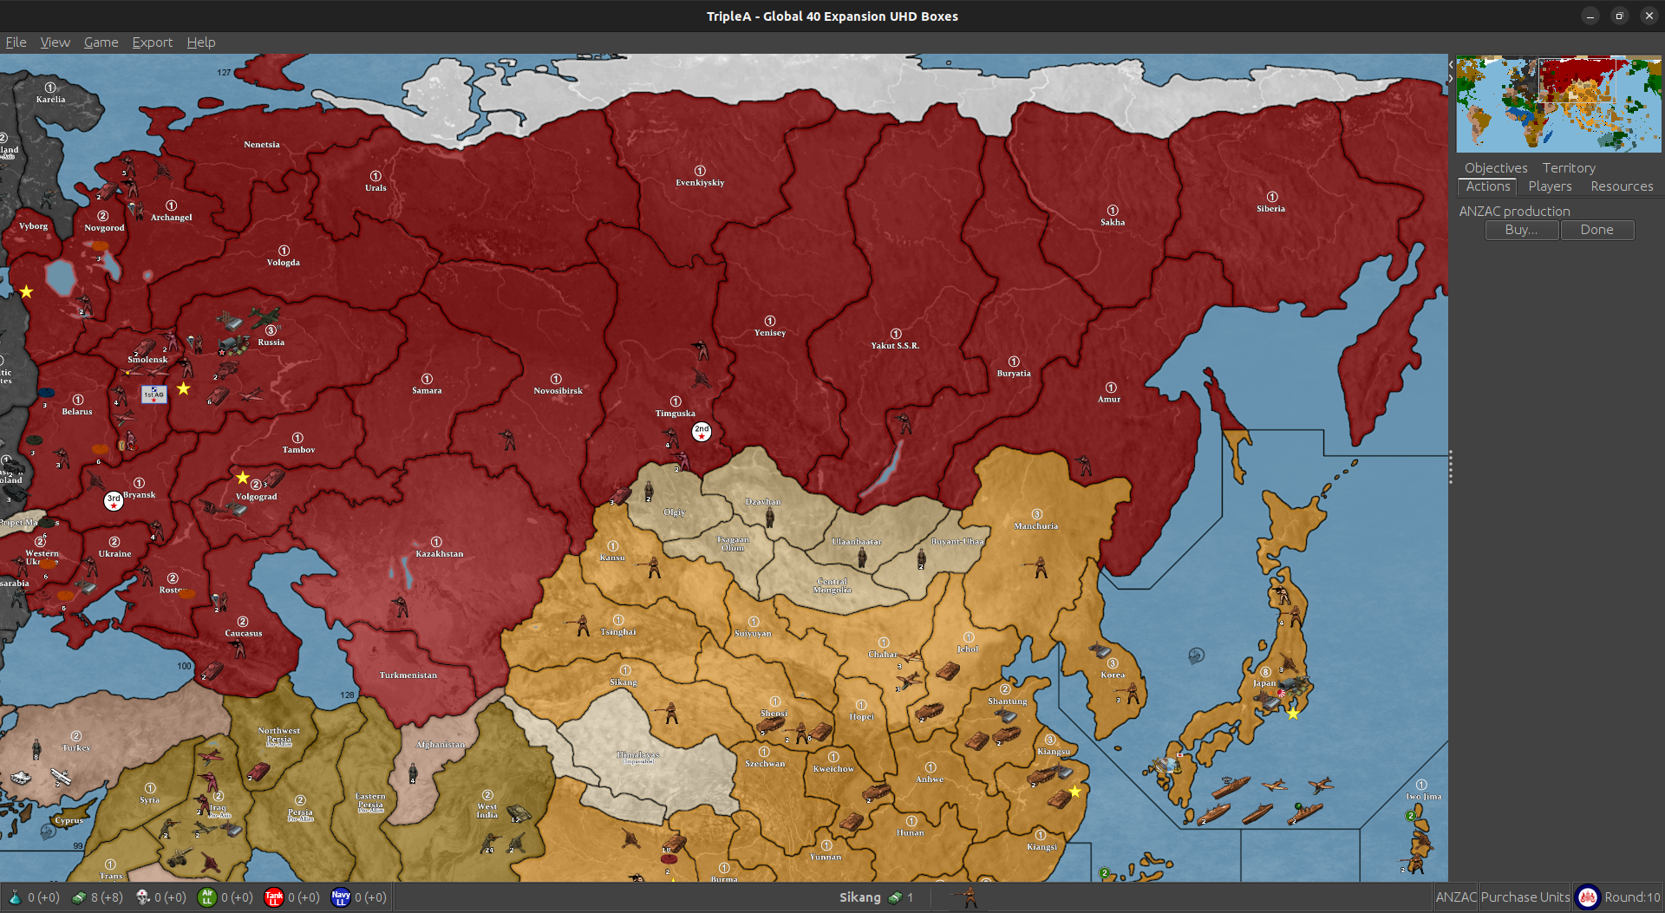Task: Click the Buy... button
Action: tap(1521, 230)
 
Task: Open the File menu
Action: tap(16, 42)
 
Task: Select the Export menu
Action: tap(152, 42)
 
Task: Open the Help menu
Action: tap(200, 42)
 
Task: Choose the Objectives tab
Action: tap(1495, 168)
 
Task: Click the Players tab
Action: tap(1550, 186)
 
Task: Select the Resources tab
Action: tap(1621, 186)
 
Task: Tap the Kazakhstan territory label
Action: tap(439, 553)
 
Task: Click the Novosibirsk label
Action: tap(558, 391)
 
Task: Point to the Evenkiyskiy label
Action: tap(700, 183)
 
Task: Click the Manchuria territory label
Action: tap(1035, 526)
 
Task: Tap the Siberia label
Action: tap(1270, 209)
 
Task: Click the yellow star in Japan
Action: tap(1292, 714)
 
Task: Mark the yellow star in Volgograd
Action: tap(243, 478)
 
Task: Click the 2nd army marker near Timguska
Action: tap(701, 431)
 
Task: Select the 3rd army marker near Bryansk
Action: tap(114, 500)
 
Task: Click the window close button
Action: tap(1649, 16)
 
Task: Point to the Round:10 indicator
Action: tap(1631, 897)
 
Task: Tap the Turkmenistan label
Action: tap(408, 675)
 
